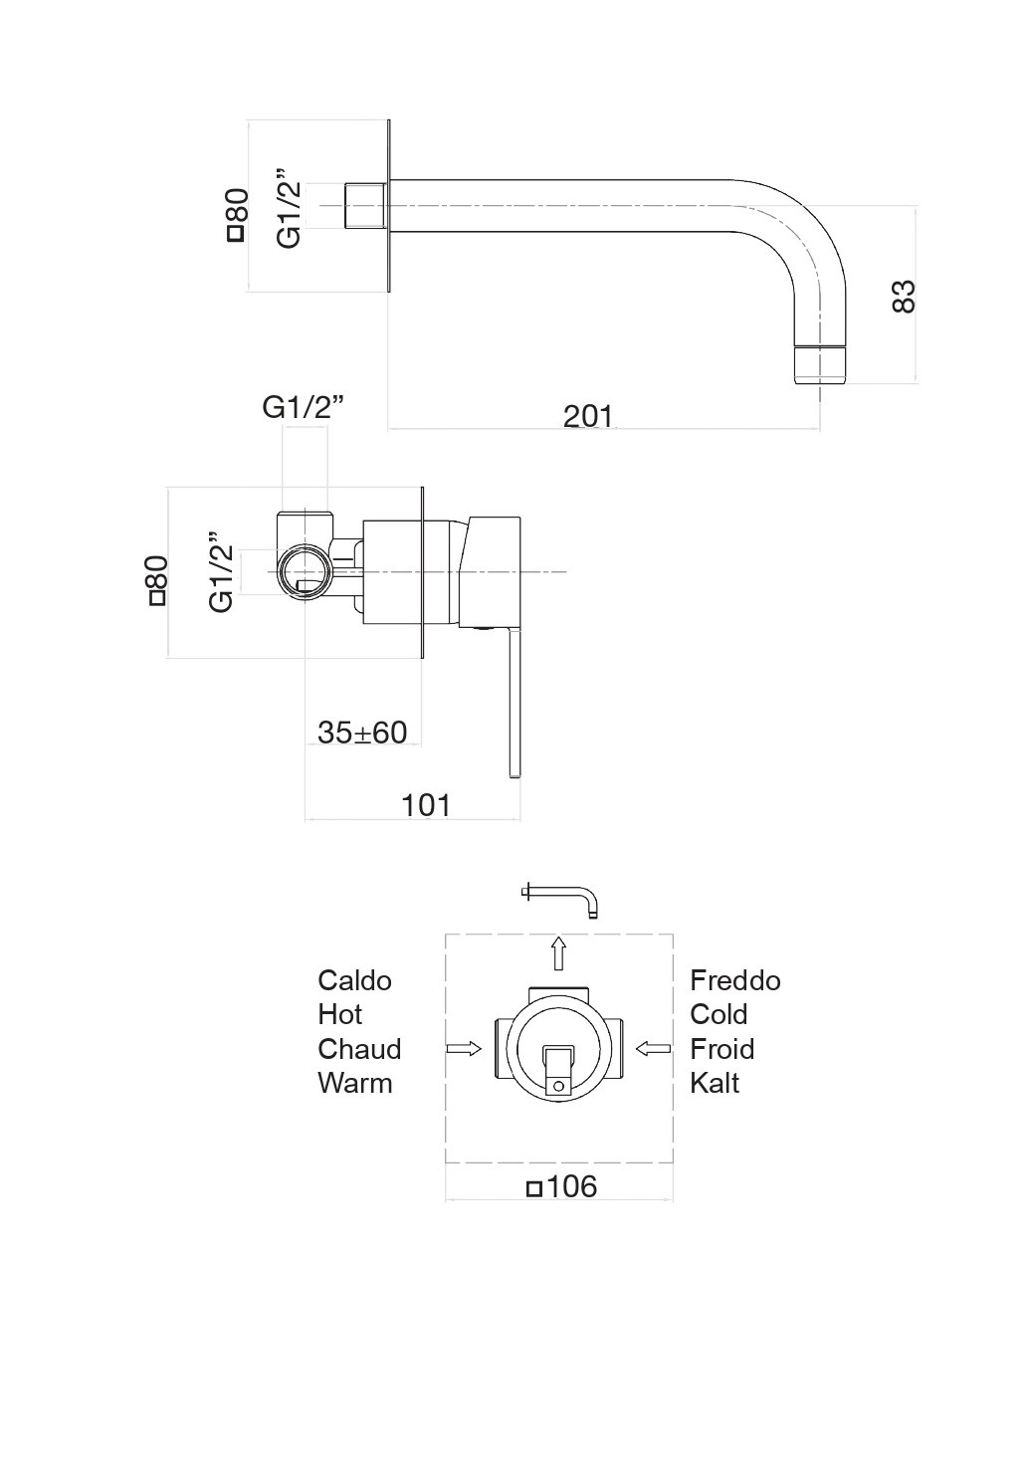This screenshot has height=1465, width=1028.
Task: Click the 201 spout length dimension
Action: coord(588,416)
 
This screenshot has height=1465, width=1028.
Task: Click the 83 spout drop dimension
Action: coord(904,297)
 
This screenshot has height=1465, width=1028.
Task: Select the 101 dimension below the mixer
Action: coord(426,805)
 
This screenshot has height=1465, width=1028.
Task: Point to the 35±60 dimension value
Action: coord(362,732)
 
